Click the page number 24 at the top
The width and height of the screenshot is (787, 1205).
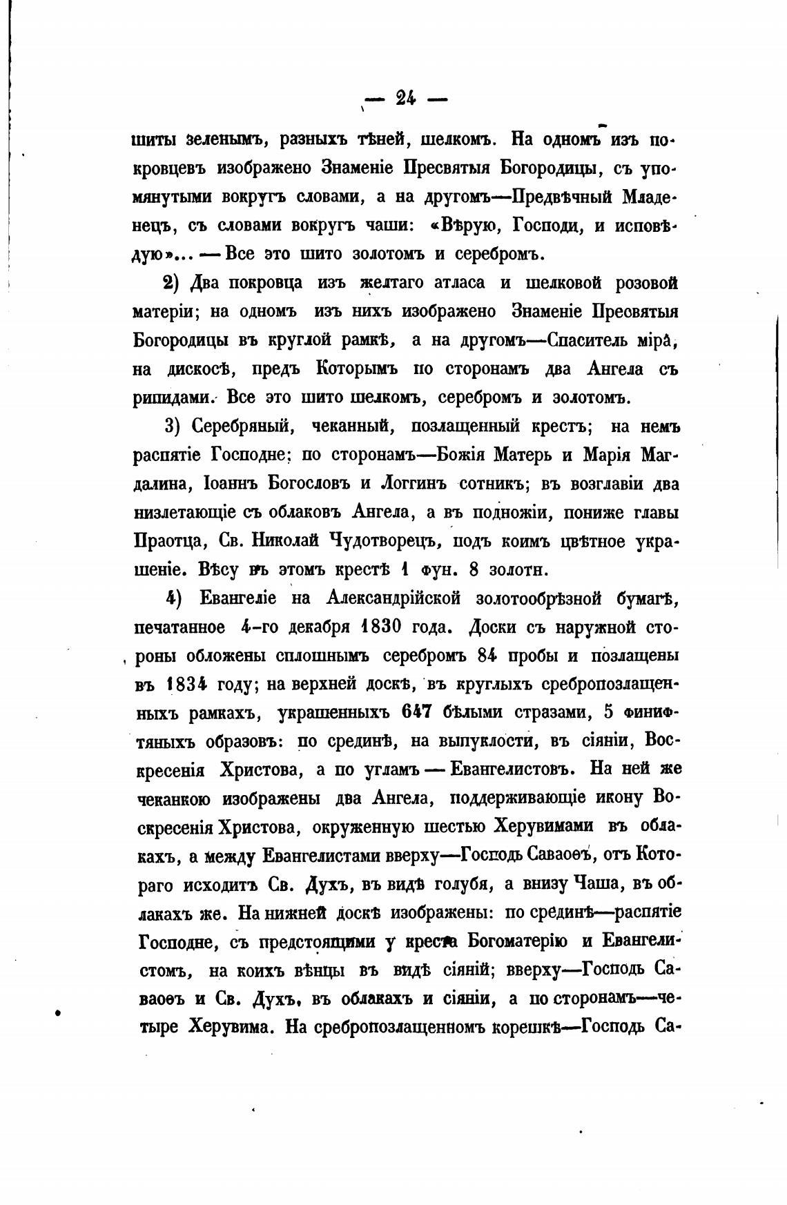point(405,99)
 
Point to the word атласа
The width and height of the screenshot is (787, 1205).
point(449,283)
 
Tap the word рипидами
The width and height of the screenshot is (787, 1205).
point(174,398)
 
